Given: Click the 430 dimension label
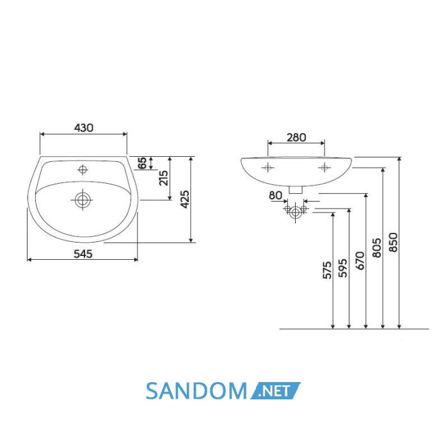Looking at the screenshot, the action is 83,128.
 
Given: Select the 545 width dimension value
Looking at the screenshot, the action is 83,253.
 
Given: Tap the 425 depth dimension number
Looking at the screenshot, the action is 185,199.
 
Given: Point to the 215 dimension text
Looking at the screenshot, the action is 164,178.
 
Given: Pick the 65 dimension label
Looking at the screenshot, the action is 142,163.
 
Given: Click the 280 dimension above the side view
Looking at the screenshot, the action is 296,138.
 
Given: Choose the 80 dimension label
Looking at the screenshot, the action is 275,195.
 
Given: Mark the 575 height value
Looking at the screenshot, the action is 327,269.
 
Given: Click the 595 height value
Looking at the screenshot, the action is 342,268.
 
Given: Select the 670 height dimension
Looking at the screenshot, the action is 360,260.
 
